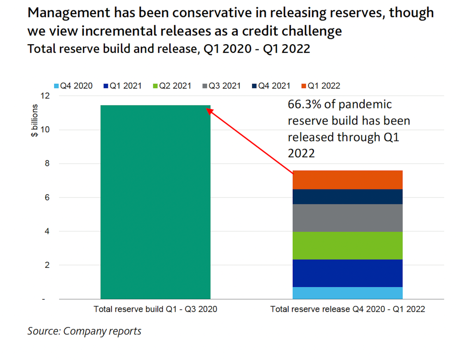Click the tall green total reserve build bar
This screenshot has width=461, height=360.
155,202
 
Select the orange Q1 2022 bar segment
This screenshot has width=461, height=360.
347,180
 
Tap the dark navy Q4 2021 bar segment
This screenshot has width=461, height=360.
347,197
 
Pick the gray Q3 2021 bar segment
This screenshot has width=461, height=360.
347,218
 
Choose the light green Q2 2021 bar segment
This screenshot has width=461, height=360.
347,245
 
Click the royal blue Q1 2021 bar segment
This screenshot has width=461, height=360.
347,273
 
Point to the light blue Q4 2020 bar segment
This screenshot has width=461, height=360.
347,293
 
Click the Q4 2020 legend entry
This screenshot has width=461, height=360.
73,86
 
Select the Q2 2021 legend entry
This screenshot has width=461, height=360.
172,86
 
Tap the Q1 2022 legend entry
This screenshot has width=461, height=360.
321,86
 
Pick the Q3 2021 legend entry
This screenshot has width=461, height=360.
222,86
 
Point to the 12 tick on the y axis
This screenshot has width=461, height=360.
45,96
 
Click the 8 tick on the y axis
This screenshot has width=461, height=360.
47,163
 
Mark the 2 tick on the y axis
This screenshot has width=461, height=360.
47,265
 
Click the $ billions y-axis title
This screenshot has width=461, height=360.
34,120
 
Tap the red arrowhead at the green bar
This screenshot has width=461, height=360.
209,111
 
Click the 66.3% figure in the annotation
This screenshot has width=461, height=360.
304,105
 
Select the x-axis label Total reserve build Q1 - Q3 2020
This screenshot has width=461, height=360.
155,309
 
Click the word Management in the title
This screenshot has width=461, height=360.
69,13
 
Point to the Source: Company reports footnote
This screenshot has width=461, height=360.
84,331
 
